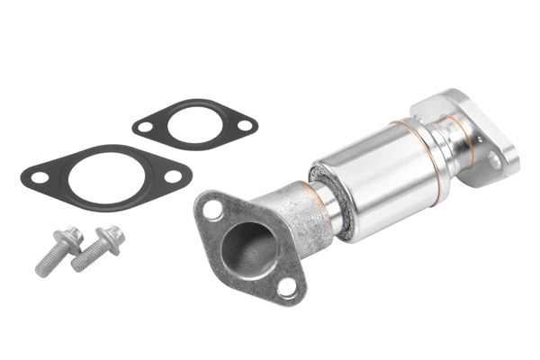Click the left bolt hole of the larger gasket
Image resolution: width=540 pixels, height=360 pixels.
(x=39, y=177)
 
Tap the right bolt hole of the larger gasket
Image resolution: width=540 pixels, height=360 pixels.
(x=172, y=176)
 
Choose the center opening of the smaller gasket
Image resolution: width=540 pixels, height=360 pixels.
(x=193, y=125)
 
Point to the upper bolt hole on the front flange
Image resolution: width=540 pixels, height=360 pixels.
(x=212, y=209)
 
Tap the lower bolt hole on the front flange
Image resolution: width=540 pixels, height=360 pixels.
(x=286, y=287)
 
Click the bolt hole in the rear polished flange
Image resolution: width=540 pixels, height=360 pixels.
(x=493, y=160)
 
